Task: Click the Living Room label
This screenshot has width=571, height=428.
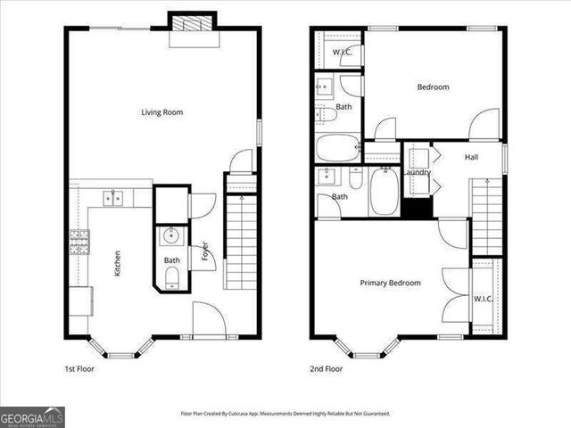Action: (161, 112)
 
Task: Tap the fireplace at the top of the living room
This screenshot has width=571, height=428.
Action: (194, 27)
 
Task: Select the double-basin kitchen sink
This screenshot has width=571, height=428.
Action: (113, 198)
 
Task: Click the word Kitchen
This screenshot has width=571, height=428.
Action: (118, 264)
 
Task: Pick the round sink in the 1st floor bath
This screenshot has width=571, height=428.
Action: (171, 236)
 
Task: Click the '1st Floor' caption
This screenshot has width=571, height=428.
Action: (79, 368)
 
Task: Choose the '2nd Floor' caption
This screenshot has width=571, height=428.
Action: (327, 368)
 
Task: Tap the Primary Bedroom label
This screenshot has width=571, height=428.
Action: (390, 283)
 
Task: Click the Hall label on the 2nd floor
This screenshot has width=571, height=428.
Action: (472, 157)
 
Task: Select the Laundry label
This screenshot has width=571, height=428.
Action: (418, 172)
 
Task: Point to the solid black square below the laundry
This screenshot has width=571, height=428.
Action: (416, 207)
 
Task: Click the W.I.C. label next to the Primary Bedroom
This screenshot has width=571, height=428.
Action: (484, 299)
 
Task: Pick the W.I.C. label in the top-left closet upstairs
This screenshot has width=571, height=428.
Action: (342, 52)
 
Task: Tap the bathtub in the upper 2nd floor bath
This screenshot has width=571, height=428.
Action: (338, 147)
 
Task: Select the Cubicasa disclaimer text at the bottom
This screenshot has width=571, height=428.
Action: (285, 414)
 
